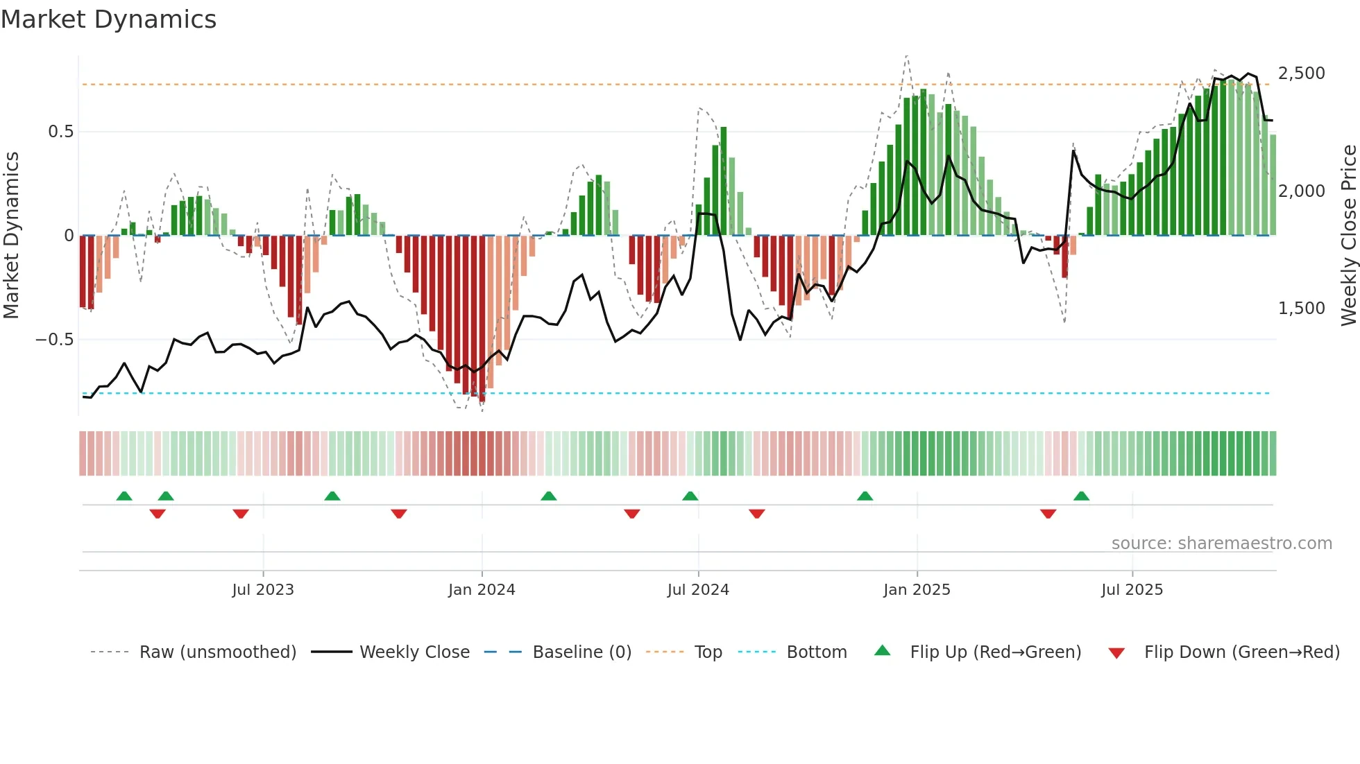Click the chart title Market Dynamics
click(x=108, y=19)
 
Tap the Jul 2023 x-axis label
click(x=263, y=590)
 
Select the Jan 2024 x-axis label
click(x=482, y=590)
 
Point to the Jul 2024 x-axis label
click(x=698, y=590)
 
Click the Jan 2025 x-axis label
click(x=917, y=590)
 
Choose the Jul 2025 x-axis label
click(x=1132, y=590)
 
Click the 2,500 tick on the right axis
click(x=1301, y=73)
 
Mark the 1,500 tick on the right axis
click(x=1301, y=309)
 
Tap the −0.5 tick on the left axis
click(x=54, y=340)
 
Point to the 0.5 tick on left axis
click(x=60, y=132)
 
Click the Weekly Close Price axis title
click(x=1348, y=236)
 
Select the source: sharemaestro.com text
click(x=1221, y=544)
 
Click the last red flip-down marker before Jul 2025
click(x=1048, y=514)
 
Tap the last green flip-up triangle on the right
click(x=1081, y=496)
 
